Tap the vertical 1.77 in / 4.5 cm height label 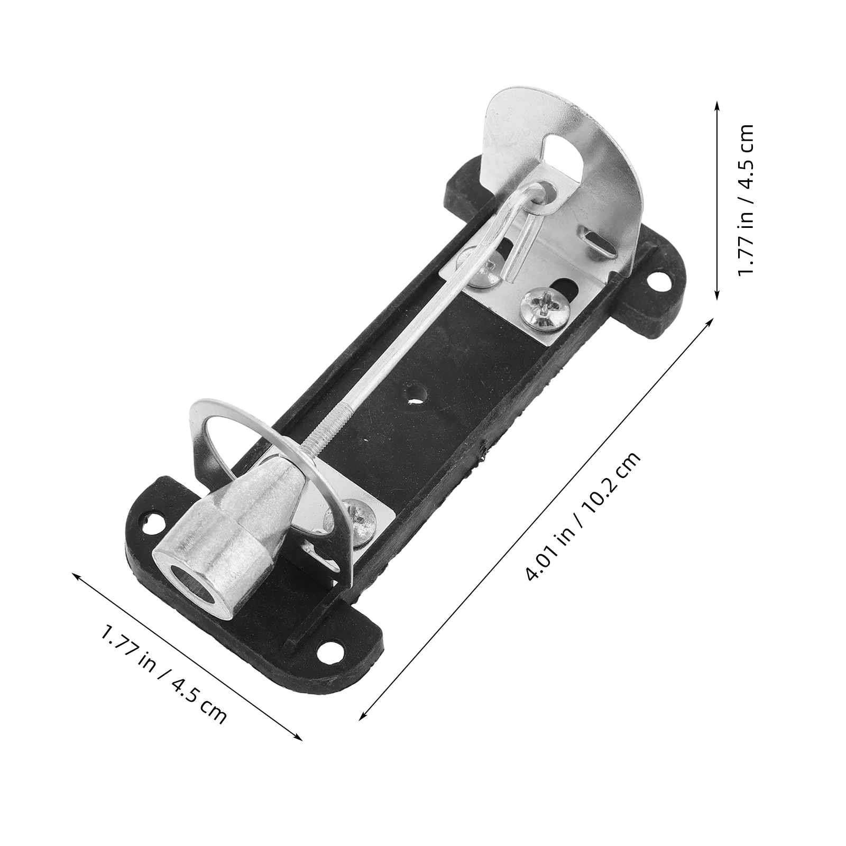746,199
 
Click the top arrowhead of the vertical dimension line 716,105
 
